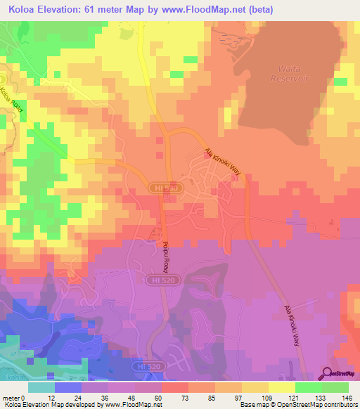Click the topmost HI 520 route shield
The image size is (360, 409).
(x=157, y=188)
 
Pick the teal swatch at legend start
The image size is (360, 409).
(x=41, y=387)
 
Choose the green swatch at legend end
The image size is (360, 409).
(x=335, y=387)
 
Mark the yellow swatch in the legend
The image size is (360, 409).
(x=281, y=387)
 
